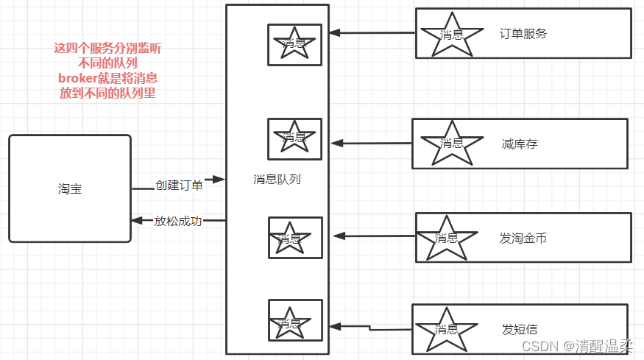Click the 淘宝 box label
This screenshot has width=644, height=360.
(x=70, y=189)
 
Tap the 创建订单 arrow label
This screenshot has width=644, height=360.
(x=179, y=185)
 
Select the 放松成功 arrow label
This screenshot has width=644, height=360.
(x=178, y=221)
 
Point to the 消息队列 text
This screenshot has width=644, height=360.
(x=277, y=179)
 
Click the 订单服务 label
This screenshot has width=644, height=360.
(x=523, y=33)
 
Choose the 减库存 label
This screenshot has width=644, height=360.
(x=520, y=144)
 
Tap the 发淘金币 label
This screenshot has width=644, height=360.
(x=523, y=238)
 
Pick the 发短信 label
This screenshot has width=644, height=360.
(x=520, y=329)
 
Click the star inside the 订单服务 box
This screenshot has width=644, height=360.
(x=451, y=34)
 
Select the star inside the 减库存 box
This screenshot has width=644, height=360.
(x=451, y=143)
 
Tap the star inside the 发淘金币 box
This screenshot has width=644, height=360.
(x=446, y=238)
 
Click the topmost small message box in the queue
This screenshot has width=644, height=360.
(x=294, y=44)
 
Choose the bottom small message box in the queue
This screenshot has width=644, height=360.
(x=295, y=320)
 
